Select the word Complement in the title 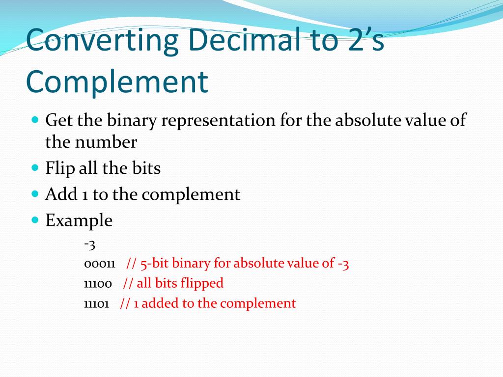(x=117, y=82)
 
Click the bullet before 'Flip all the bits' (x=35, y=168)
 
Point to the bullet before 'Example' (x=35, y=220)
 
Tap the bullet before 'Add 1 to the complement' (x=35, y=194)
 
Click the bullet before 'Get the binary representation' (x=35, y=119)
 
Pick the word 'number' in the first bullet (x=106, y=142)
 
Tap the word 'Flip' (x=60, y=168)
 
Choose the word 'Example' (x=79, y=220)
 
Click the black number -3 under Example (x=89, y=243)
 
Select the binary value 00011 (x=99, y=264)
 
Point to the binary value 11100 (x=98, y=284)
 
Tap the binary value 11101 (x=96, y=304)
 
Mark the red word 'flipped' (x=201, y=284)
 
